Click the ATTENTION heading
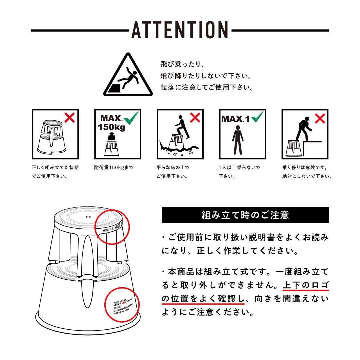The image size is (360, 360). (180, 30)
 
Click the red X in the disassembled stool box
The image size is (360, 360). (69, 118)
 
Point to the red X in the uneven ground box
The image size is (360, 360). (194, 118)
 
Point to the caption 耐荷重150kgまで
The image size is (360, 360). (114, 168)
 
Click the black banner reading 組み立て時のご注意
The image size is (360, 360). (245, 215)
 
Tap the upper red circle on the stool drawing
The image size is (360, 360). (112, 226)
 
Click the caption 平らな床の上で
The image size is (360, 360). (173, 168)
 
